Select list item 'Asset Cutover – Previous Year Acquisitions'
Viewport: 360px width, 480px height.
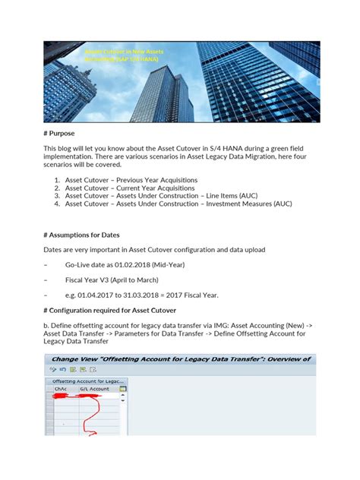point(131,179)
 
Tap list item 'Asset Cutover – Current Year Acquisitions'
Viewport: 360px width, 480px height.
point(129,188)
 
